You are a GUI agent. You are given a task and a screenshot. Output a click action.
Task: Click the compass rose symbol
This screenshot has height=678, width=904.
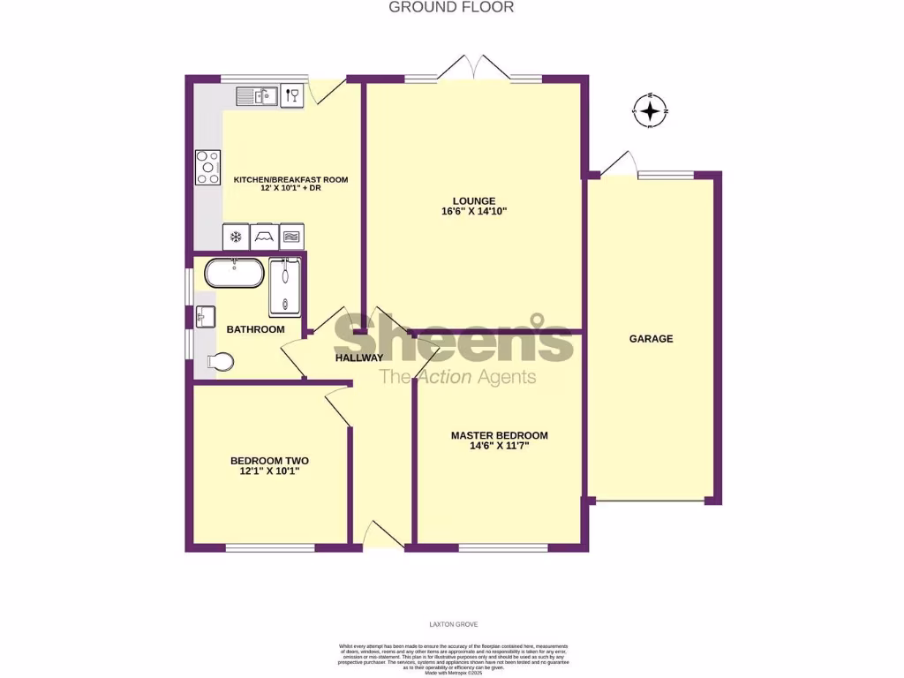pyautogui.click(x=651, y=111)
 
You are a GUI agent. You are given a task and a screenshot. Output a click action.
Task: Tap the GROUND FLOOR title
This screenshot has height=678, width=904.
pyautogui.click(x=451, y=7)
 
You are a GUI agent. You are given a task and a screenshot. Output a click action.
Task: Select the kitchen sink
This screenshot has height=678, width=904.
pyautogui.click(x=257, y=94)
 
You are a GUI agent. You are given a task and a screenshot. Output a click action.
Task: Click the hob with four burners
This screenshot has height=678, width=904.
pyautogui.click(x=208, y=167)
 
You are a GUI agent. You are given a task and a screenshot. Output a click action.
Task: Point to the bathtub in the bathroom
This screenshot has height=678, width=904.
pyautogui.click(x=234, y=273)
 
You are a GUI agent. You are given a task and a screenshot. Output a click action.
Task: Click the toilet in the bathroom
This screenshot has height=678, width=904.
pyautogui.click(x=221, y=361)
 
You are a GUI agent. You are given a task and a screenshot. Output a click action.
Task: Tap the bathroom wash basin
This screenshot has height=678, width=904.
pyautogui.click(x=204, y=316)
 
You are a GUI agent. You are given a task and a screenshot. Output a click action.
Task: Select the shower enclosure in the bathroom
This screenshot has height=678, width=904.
pyautogui.click(x=285, y=286)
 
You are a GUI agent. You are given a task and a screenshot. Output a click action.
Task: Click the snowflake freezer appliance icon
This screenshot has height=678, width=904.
pyautogui.click(x=236, y=237)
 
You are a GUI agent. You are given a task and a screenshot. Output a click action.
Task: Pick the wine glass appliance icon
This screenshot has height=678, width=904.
pyautogui.click(x=291, y=95)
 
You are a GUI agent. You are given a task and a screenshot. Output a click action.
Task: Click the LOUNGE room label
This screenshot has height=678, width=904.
pyautogui.click(x=474, y=200)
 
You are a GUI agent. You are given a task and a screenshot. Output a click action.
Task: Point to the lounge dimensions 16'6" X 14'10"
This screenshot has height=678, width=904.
pyautogui.click(x=474, y=212)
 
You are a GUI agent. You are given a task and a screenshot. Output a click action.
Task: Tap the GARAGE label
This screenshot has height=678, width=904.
pyautogui.click(x=651, y=338)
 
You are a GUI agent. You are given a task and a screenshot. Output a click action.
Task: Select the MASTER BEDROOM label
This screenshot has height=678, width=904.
pyautogui.click(x=499, y=435)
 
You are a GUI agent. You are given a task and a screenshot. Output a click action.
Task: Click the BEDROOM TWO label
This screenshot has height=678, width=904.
pyautogui.click(x=269, y=461)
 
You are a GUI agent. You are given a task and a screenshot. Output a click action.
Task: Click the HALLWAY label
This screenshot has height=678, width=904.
pyautogui.click(x=359, y=358)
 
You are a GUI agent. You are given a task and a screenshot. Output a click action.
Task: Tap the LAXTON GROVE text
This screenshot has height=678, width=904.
pyautogui.click(x=452, y=623)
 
